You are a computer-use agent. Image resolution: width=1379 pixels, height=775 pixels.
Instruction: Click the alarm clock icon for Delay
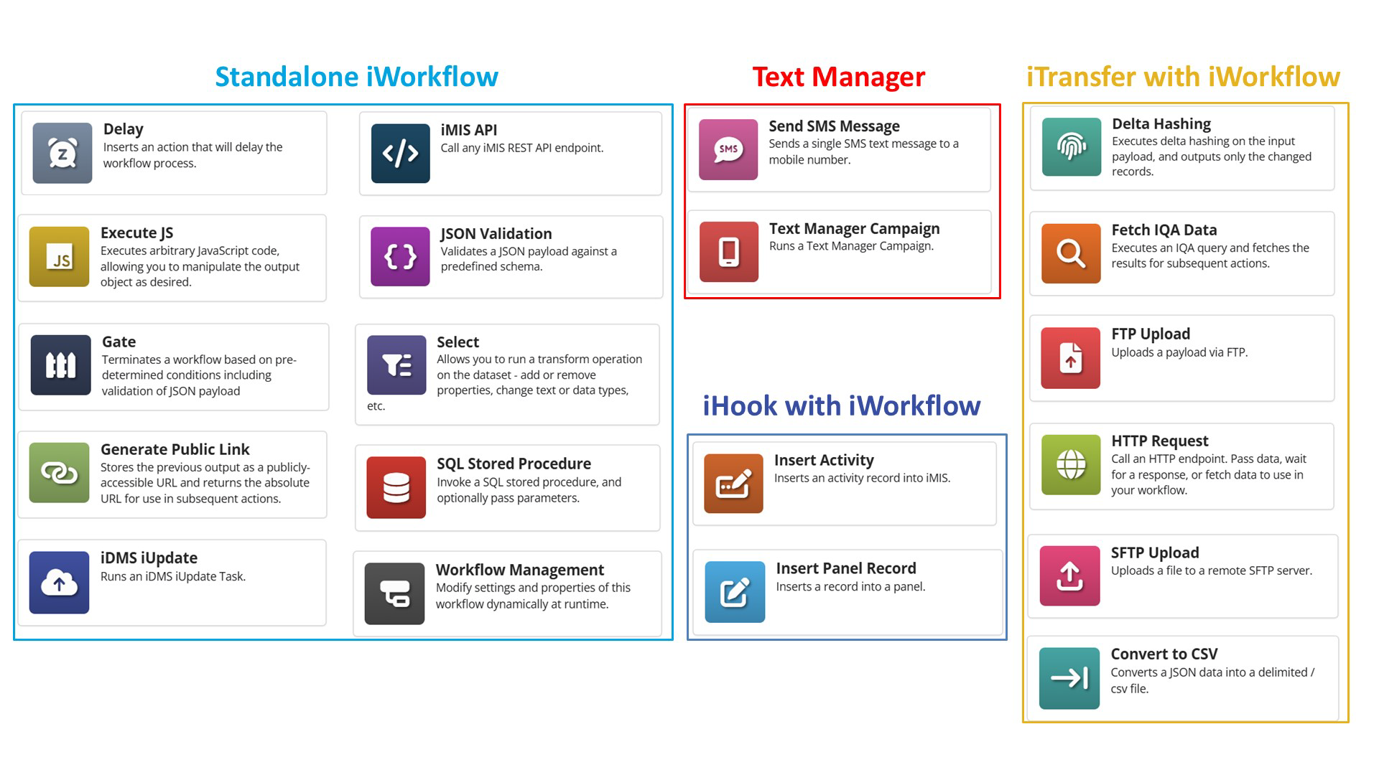[x=62, y=153]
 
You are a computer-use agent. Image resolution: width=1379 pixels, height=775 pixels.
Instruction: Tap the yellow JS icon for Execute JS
[x=59, y=256]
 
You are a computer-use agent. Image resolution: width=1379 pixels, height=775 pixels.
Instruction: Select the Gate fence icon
[x=60, y=365]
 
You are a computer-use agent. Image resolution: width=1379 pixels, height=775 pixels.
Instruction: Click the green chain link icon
[x=59, y=472]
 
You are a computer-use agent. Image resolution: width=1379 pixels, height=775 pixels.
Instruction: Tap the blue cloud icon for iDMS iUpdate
[x=59, y=583]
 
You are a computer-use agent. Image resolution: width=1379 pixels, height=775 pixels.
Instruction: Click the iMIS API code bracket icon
[x=400, y=153]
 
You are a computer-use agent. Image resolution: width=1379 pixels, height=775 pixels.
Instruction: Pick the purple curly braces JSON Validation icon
[x=400, y=256]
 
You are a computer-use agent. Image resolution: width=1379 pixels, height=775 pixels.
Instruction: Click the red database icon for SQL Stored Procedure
[x=396, y=487]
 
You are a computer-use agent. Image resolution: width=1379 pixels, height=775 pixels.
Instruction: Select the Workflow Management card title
[x=519, y=570]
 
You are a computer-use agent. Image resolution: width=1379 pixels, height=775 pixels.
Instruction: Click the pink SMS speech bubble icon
[x=728, y=149]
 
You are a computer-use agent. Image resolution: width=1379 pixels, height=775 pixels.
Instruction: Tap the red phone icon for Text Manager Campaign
[x=728, y=252]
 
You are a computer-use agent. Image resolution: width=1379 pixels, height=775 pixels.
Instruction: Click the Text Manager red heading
[x=838, y=77]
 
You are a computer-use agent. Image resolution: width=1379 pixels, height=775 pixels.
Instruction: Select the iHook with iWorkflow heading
[x=841, y=406]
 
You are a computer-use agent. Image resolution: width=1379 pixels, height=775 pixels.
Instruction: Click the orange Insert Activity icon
[x=733, y=484]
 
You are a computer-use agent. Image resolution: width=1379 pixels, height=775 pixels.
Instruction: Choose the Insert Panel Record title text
[x=845, y=568]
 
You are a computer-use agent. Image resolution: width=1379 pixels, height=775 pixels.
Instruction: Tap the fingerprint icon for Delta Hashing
[x=1071, y=147]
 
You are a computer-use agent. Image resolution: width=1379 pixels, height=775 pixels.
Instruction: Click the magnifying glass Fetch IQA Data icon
[x=1070, y=253]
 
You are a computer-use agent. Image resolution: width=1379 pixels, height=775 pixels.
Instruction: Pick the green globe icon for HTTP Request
[x=1070, y=464]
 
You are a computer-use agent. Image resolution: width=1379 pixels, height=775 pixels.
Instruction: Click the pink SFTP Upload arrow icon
[x=1069, y=576]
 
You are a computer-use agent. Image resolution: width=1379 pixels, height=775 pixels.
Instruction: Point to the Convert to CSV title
[x=1164, y=654]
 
